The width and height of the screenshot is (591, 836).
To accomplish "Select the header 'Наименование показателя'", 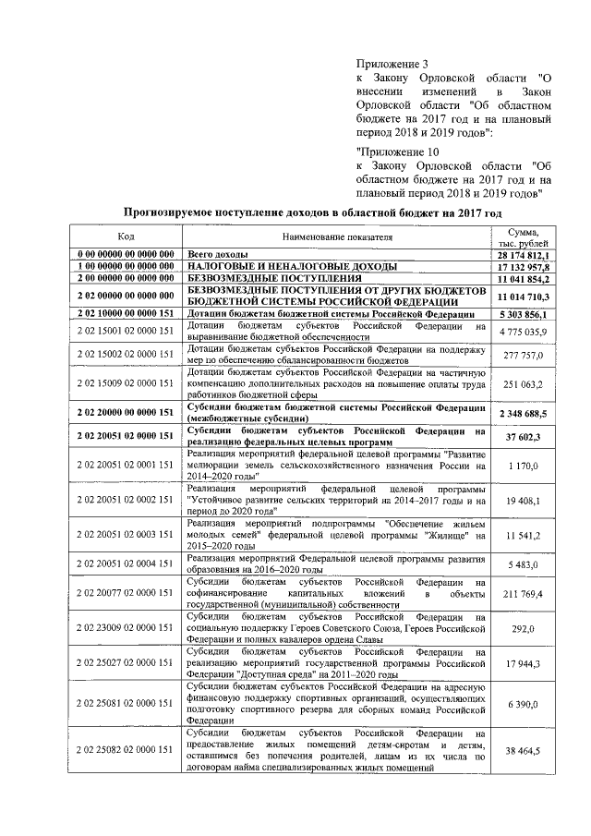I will point(337,237).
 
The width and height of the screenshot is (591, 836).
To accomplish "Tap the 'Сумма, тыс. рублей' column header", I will point(523,237).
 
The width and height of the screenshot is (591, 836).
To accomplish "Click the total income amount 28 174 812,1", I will point(523,254).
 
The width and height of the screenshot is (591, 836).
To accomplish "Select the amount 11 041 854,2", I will point(523,278).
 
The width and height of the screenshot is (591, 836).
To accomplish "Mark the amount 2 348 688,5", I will point(523,414).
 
